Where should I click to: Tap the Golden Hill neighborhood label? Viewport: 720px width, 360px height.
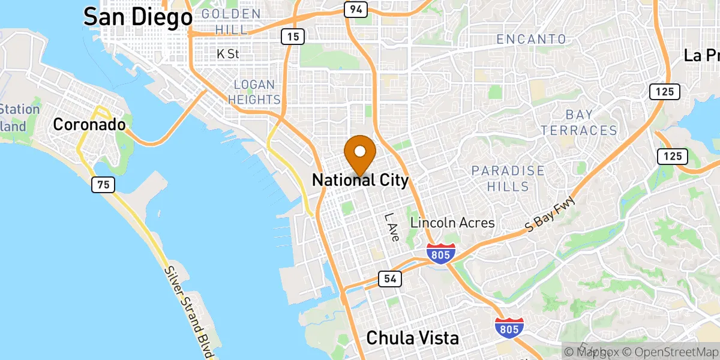231,21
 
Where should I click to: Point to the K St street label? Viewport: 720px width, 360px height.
228,54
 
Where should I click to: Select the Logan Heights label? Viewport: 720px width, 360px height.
254,92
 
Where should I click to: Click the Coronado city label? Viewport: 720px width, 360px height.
89,124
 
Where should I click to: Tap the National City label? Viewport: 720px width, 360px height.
360,180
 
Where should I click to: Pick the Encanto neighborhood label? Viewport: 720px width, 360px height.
532,40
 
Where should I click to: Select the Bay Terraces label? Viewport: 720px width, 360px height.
579,122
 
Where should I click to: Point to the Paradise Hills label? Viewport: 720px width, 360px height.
508,179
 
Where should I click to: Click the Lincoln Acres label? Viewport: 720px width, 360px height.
452,223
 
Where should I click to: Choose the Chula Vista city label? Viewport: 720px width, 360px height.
412,338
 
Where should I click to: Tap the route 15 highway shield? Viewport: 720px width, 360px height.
293,37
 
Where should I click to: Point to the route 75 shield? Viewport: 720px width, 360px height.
104,184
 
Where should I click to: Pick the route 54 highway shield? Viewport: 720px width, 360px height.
389,278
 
